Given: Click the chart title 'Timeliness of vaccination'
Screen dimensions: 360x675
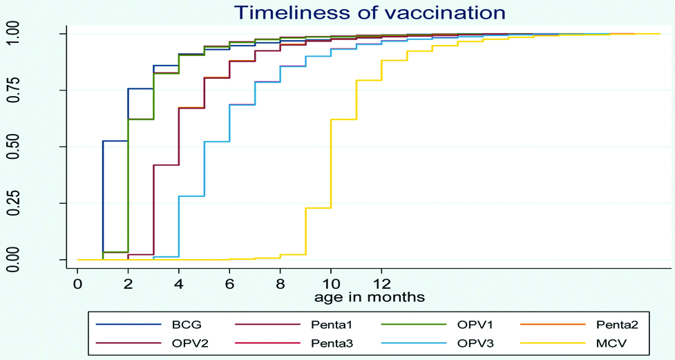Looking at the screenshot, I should click(x=370, y=13).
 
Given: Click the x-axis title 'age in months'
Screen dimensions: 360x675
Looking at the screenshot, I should click(x=370, y=297).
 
